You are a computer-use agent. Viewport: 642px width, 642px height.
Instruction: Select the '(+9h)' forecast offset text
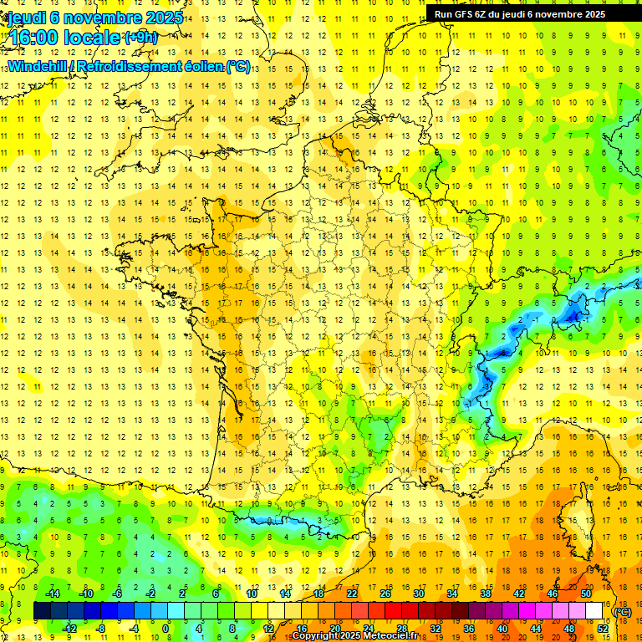click(x=140, y=37)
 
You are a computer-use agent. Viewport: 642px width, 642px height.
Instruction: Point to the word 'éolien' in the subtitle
click(x=198, y=67)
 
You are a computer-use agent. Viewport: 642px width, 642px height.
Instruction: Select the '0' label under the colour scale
click(x=166, y=629)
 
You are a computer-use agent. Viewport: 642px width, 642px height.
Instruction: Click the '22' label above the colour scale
click(x=352, y=594)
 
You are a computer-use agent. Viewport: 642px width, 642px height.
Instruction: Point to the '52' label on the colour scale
click(x=603, y=629)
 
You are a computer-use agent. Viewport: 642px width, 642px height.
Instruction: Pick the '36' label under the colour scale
click(x=469, y=629)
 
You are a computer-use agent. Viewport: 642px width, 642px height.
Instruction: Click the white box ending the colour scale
click(x=594, y=611)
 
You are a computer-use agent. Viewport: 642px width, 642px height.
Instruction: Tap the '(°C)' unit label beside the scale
click(x=623, y=612)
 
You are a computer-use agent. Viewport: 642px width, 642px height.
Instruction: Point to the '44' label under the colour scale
click(x=536, y=629)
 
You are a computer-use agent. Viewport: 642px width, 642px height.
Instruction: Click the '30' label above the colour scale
click(x=419, y=594)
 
